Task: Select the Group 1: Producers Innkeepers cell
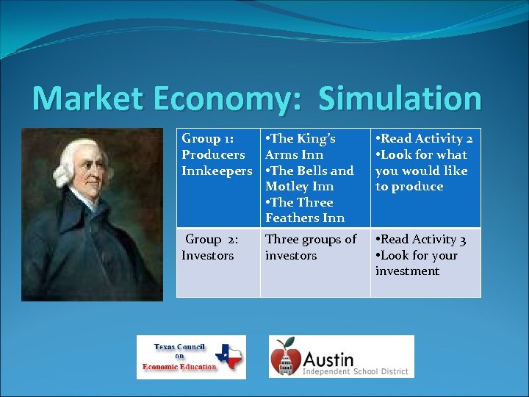[x=217, y=154]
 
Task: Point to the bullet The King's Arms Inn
[x=301, y=146]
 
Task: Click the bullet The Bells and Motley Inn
[x=309, y=179]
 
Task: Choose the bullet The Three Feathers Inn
[x=304, y=210]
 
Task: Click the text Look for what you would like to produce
[x=422, y=171]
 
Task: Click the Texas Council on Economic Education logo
[x=191, y=357]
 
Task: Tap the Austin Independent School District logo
[x=341, y=357]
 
